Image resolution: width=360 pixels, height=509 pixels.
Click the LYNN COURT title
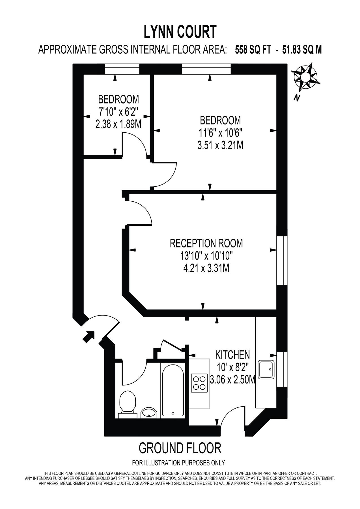(180, 32)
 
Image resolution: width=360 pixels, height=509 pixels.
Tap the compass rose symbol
(306, 77)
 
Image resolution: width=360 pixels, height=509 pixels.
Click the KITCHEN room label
(232, 354)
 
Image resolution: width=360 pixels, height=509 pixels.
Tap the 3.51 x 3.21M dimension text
(220, 145)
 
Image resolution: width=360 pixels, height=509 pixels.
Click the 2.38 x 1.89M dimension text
(118, 124)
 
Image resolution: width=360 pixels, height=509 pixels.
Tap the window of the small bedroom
(122, 69)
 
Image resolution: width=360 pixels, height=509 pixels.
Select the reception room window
(282, 260)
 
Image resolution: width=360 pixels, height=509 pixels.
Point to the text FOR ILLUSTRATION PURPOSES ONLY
(178, 463)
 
